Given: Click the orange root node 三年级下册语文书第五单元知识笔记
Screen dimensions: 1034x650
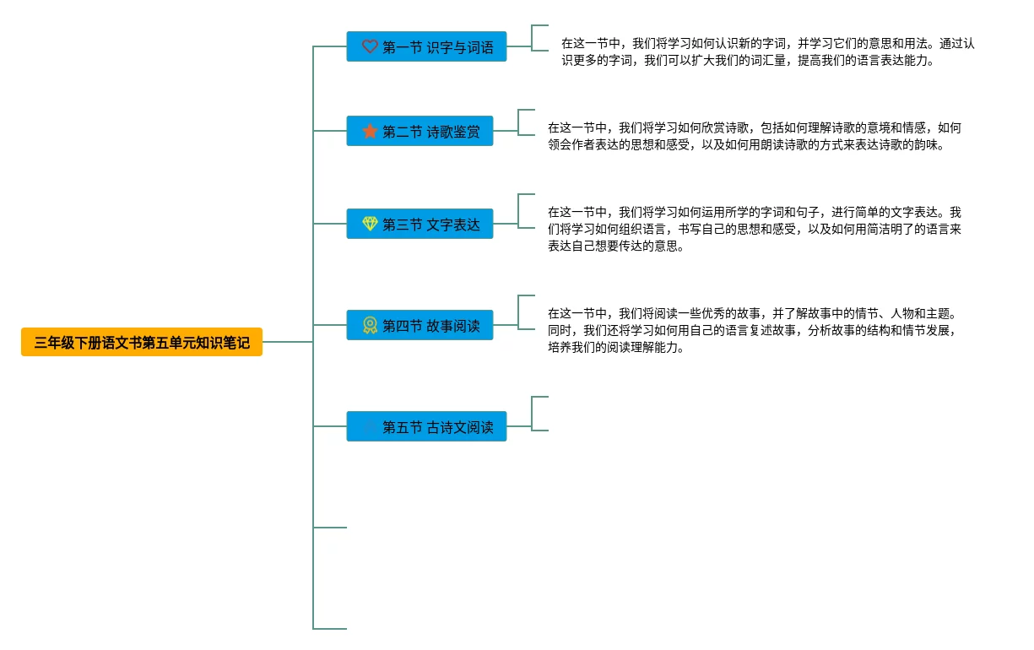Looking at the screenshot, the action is tap(142, 342).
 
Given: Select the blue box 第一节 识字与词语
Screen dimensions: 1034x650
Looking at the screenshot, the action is tap(426, 46).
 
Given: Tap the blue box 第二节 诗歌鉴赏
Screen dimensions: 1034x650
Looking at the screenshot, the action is tap(420, 131).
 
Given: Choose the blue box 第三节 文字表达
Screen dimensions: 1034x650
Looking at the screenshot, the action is tap(420, 224).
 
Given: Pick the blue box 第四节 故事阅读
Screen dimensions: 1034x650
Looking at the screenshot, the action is tap(420, 325).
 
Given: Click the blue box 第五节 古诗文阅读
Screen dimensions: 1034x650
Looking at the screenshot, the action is tap(426, 426).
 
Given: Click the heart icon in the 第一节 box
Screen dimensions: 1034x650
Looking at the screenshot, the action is tap(370, 46).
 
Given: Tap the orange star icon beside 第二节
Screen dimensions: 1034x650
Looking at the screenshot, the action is tap(370, 131).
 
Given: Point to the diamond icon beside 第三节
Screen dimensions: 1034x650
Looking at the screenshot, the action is tap(370, 224).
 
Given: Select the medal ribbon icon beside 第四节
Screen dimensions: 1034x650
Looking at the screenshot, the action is tap(370, 325).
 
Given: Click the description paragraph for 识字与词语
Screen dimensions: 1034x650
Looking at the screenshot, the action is tap(767, 51).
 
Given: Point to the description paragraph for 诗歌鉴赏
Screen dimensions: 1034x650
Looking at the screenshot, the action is tap(755, 136).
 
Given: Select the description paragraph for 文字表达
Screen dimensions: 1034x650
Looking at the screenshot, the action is tap(755, 229).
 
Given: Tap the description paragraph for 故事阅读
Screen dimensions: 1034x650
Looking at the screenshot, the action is tap(755, 331).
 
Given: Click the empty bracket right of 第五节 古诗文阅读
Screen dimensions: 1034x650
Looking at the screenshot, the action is tap(532, 414).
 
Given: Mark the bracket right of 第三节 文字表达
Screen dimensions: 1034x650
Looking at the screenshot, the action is tap(518, 211).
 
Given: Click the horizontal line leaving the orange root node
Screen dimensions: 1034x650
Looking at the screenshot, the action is tap(288, 342).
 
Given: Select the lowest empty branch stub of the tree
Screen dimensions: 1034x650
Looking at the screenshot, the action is tap(330, 629).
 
